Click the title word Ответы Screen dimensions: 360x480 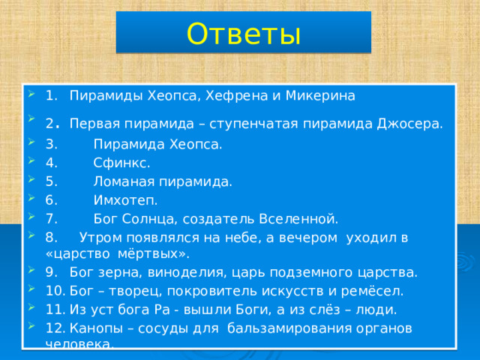pyautogui.click(x=243, y=33)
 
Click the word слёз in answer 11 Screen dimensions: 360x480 pyautogui.click(x=323, y=309)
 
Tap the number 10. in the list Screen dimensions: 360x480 pyautogui.click(x=54, y=290)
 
